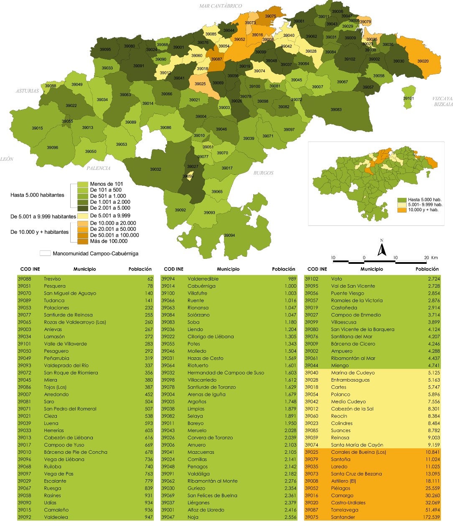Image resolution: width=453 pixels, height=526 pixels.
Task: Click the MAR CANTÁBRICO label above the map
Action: (x=220, y=6)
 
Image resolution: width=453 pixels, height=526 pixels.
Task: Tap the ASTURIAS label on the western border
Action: (x=27, y=91)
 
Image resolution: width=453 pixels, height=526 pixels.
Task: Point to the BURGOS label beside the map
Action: (x=263, y=172)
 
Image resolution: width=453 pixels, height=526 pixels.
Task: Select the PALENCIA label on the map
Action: (x=99, y=168)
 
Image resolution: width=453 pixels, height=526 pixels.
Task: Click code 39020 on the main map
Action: (x=422, y=61)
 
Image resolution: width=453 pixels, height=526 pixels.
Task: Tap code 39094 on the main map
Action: (x=229, y=235)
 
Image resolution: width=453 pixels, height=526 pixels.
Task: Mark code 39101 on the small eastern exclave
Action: (x=408, y=99)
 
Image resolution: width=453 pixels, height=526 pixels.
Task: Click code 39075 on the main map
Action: (x=270, y=16)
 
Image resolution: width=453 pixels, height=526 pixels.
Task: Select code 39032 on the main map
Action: (x=155, y=169)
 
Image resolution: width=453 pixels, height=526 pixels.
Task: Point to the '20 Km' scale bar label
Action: (x=430, y=258)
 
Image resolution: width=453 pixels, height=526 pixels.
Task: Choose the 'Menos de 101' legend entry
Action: (x=106, y=184)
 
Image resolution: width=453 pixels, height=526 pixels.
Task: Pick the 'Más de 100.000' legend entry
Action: (x=109, y=241)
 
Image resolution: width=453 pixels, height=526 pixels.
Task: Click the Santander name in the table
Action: (x=343, y=517)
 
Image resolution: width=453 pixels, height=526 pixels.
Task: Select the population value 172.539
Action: (x=431, y=517)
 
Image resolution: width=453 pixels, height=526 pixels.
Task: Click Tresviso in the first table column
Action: (x=52, y=279)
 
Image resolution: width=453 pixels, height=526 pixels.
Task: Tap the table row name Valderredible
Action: (x=203, y=279)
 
